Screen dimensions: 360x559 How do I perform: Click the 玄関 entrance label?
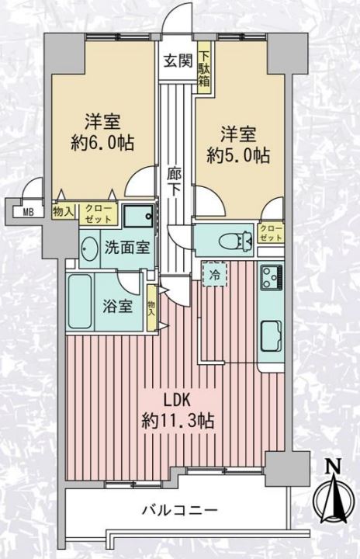tap(178, 61)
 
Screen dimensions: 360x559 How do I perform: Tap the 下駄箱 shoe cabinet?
tap(204, 68)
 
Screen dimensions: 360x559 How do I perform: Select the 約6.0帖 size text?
tap(102, 144)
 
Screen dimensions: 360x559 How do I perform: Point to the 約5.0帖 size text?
tap(238, 156)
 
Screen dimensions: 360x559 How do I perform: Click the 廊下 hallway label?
tap(175, 182)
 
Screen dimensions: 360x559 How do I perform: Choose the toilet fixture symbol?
tap(236, 241)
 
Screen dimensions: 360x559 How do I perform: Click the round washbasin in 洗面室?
tap(89, 248)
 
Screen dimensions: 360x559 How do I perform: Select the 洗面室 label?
tap(126, 247)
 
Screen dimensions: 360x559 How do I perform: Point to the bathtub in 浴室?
tap(80, 301)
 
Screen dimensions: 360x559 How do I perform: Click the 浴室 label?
tap(118, 306)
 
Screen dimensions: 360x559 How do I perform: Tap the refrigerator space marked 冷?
tap(214, 274)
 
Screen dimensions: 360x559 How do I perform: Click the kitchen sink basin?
tap(272, 336)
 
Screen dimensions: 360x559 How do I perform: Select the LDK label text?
tap(177, 401)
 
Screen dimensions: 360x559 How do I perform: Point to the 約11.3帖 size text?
tap(178, 421)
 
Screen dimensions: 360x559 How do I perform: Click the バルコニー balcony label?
tap(180, 511)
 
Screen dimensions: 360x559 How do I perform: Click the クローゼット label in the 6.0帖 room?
tap(98, 214)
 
